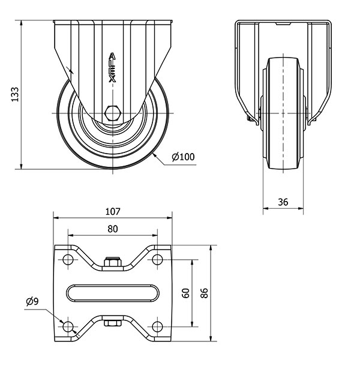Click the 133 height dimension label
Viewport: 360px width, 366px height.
tap(15, 94)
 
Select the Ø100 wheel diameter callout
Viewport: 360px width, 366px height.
tap(183, 157)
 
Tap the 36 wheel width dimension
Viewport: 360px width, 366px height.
tap(283, 202)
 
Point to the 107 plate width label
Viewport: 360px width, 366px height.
tap(113, 211)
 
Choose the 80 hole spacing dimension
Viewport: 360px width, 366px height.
tap(113, 229)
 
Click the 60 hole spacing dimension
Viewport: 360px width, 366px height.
tap(185, 293)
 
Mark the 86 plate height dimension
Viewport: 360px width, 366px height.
tap(204, 293)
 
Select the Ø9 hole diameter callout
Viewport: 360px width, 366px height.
tap(32, 301)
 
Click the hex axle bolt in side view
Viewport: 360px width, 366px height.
tap(113, 113)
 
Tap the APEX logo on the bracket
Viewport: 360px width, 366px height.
tap(113, 67)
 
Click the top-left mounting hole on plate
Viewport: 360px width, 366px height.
tap(68, 260)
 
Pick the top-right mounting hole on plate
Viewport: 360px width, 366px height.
tap(157, 260)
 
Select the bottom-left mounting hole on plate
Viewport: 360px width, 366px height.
tap(68, 326)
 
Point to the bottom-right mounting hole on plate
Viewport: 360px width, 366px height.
tap(157, 326)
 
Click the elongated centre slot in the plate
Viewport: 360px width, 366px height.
tap(113, 293)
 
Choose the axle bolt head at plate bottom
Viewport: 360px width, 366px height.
tap(113, 323)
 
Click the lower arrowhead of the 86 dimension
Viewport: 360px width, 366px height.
tap(211, 338)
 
